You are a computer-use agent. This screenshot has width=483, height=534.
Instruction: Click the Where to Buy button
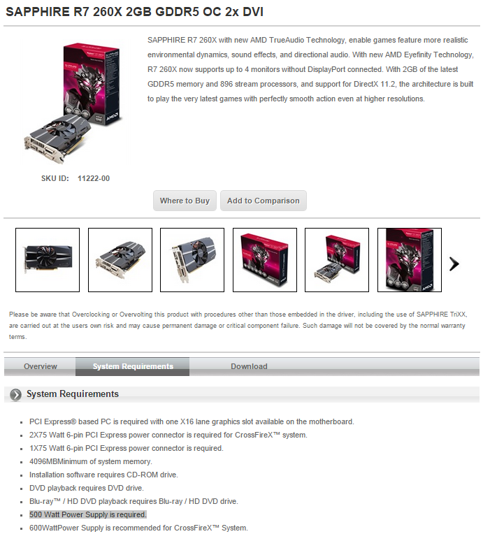click(x=185, y=201)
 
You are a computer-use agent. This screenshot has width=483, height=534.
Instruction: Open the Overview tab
click(x=41, y=366)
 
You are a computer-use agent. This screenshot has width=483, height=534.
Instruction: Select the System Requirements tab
click(x=133, y=366)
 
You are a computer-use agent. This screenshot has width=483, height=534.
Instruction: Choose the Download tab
click(x=249, y=366)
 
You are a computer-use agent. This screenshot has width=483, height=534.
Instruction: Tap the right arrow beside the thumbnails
click(x=454, y=264)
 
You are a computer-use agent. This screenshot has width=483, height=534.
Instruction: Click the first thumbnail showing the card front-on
click(x=48, y=260)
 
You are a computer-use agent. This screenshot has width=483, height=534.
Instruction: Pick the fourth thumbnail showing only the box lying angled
click(x=265, y=260)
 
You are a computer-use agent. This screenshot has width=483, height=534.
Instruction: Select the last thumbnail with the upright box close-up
click(x=410, y=260)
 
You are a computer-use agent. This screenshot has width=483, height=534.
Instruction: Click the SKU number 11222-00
click(x=94, y=178)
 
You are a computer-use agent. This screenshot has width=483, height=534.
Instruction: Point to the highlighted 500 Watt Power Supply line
click(x=88, y=514)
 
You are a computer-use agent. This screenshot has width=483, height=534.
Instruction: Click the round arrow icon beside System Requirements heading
click(x=15, y=394)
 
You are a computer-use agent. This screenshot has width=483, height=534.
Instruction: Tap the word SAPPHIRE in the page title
click(x=38, y=12)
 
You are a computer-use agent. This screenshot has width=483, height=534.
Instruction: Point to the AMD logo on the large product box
click(x=112, y=117)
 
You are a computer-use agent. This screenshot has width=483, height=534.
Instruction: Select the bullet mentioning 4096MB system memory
click(x=91, y=461)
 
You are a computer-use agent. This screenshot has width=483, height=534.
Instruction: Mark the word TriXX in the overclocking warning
click(x=457, y=315)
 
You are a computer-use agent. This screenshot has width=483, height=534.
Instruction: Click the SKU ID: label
click(x=55, y=178)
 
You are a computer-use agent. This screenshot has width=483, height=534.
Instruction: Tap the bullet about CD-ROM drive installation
click(x=103, y=475)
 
